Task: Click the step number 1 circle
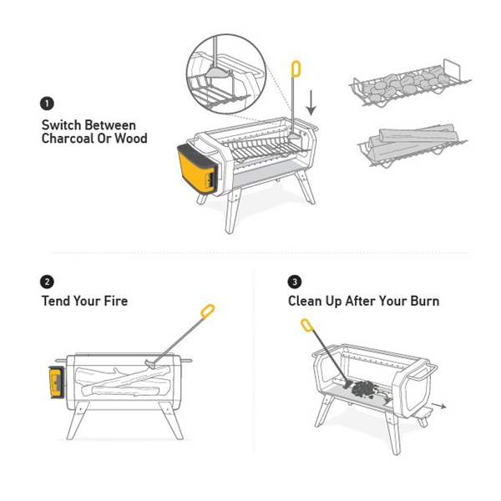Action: click(x=47, y=104)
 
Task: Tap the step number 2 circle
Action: click(x=47, y=282)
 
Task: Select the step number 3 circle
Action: click(x=295, y=282)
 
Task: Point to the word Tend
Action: click(x=56, y=301)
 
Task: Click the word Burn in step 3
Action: click(x=425, y=301)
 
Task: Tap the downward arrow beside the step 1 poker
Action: click(x=311, y=103)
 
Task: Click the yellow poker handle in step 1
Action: click(x=296, y=69)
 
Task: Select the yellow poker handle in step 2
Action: click(x=207, y=311)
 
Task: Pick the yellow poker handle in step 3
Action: click(x=306, y=326)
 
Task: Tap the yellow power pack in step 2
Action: click(x=57, y=382)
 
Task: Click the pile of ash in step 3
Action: click(x=365, y=389)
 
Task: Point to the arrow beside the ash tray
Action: click(x=438, y=406)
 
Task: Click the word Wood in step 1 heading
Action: click(x=131, y=139)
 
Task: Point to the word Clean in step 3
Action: click(x=305, y=301)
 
